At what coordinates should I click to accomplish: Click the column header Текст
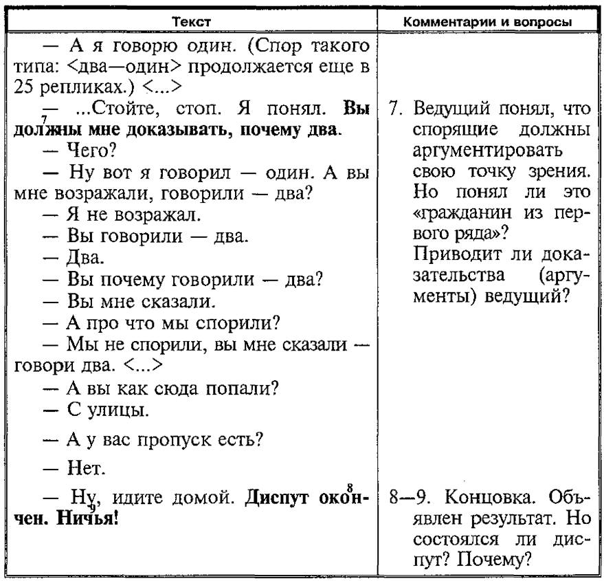pyautogui.click(x=192, y=22)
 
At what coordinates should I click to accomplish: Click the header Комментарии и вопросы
pyautogui.click(x=488, y=22)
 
